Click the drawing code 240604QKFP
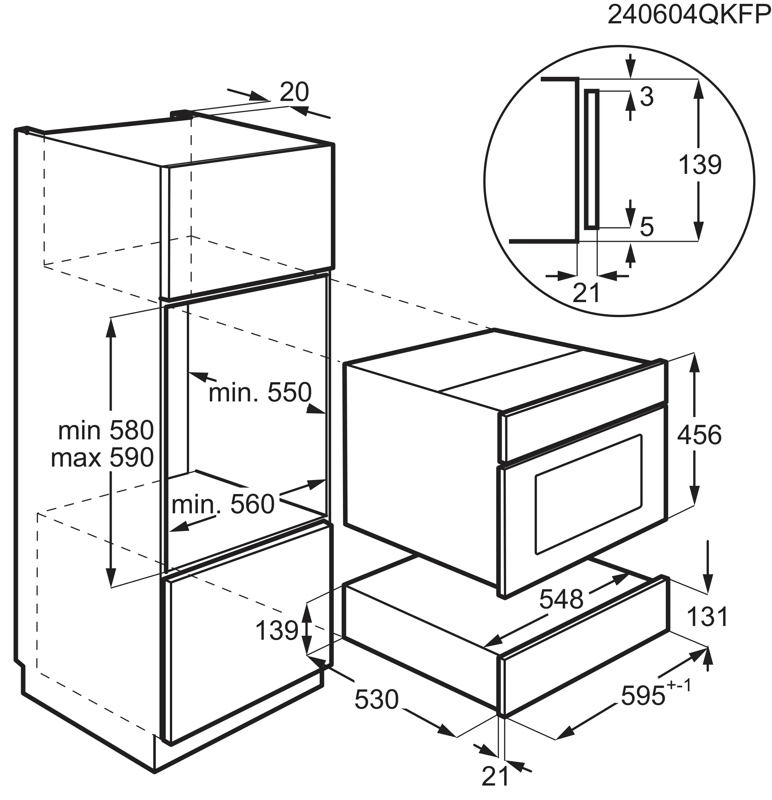(689, 15)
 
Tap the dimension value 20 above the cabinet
(294, 92)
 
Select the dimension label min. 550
(260, 392)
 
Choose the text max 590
(102, 458)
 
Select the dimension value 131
(707, 616)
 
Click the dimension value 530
(376, 699)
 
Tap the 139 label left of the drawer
(277, 631)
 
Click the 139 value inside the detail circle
(700, 165)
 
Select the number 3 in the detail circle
(647, 97)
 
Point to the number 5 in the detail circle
(647, 227)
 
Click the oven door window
(588, 494)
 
